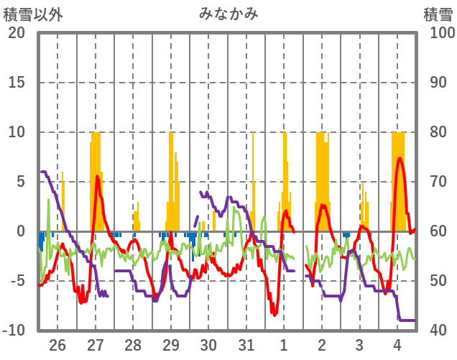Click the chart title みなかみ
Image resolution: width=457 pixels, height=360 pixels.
coord(228,14)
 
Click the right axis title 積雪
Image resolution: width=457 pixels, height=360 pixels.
coord(437,14)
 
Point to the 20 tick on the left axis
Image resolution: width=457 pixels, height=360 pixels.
coord(17,33)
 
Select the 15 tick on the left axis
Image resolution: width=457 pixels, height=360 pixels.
coord(17,83)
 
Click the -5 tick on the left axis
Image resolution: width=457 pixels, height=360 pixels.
coord(17,281)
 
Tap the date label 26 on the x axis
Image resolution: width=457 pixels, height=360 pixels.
coord(57,344)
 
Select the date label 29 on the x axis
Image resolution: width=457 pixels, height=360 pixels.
coord(171,344)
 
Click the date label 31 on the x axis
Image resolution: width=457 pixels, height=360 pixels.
coord(246,344)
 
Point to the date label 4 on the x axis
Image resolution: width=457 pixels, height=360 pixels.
coord(397,344)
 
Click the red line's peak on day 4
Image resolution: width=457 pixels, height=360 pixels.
coord(400,158)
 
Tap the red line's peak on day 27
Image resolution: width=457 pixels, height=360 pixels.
coord(97,176)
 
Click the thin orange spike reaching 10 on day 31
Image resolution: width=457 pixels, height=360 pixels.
coord(253,133)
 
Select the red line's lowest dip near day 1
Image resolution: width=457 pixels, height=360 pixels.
coord(274,314)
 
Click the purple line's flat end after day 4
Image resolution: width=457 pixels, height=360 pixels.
coord(408,320)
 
